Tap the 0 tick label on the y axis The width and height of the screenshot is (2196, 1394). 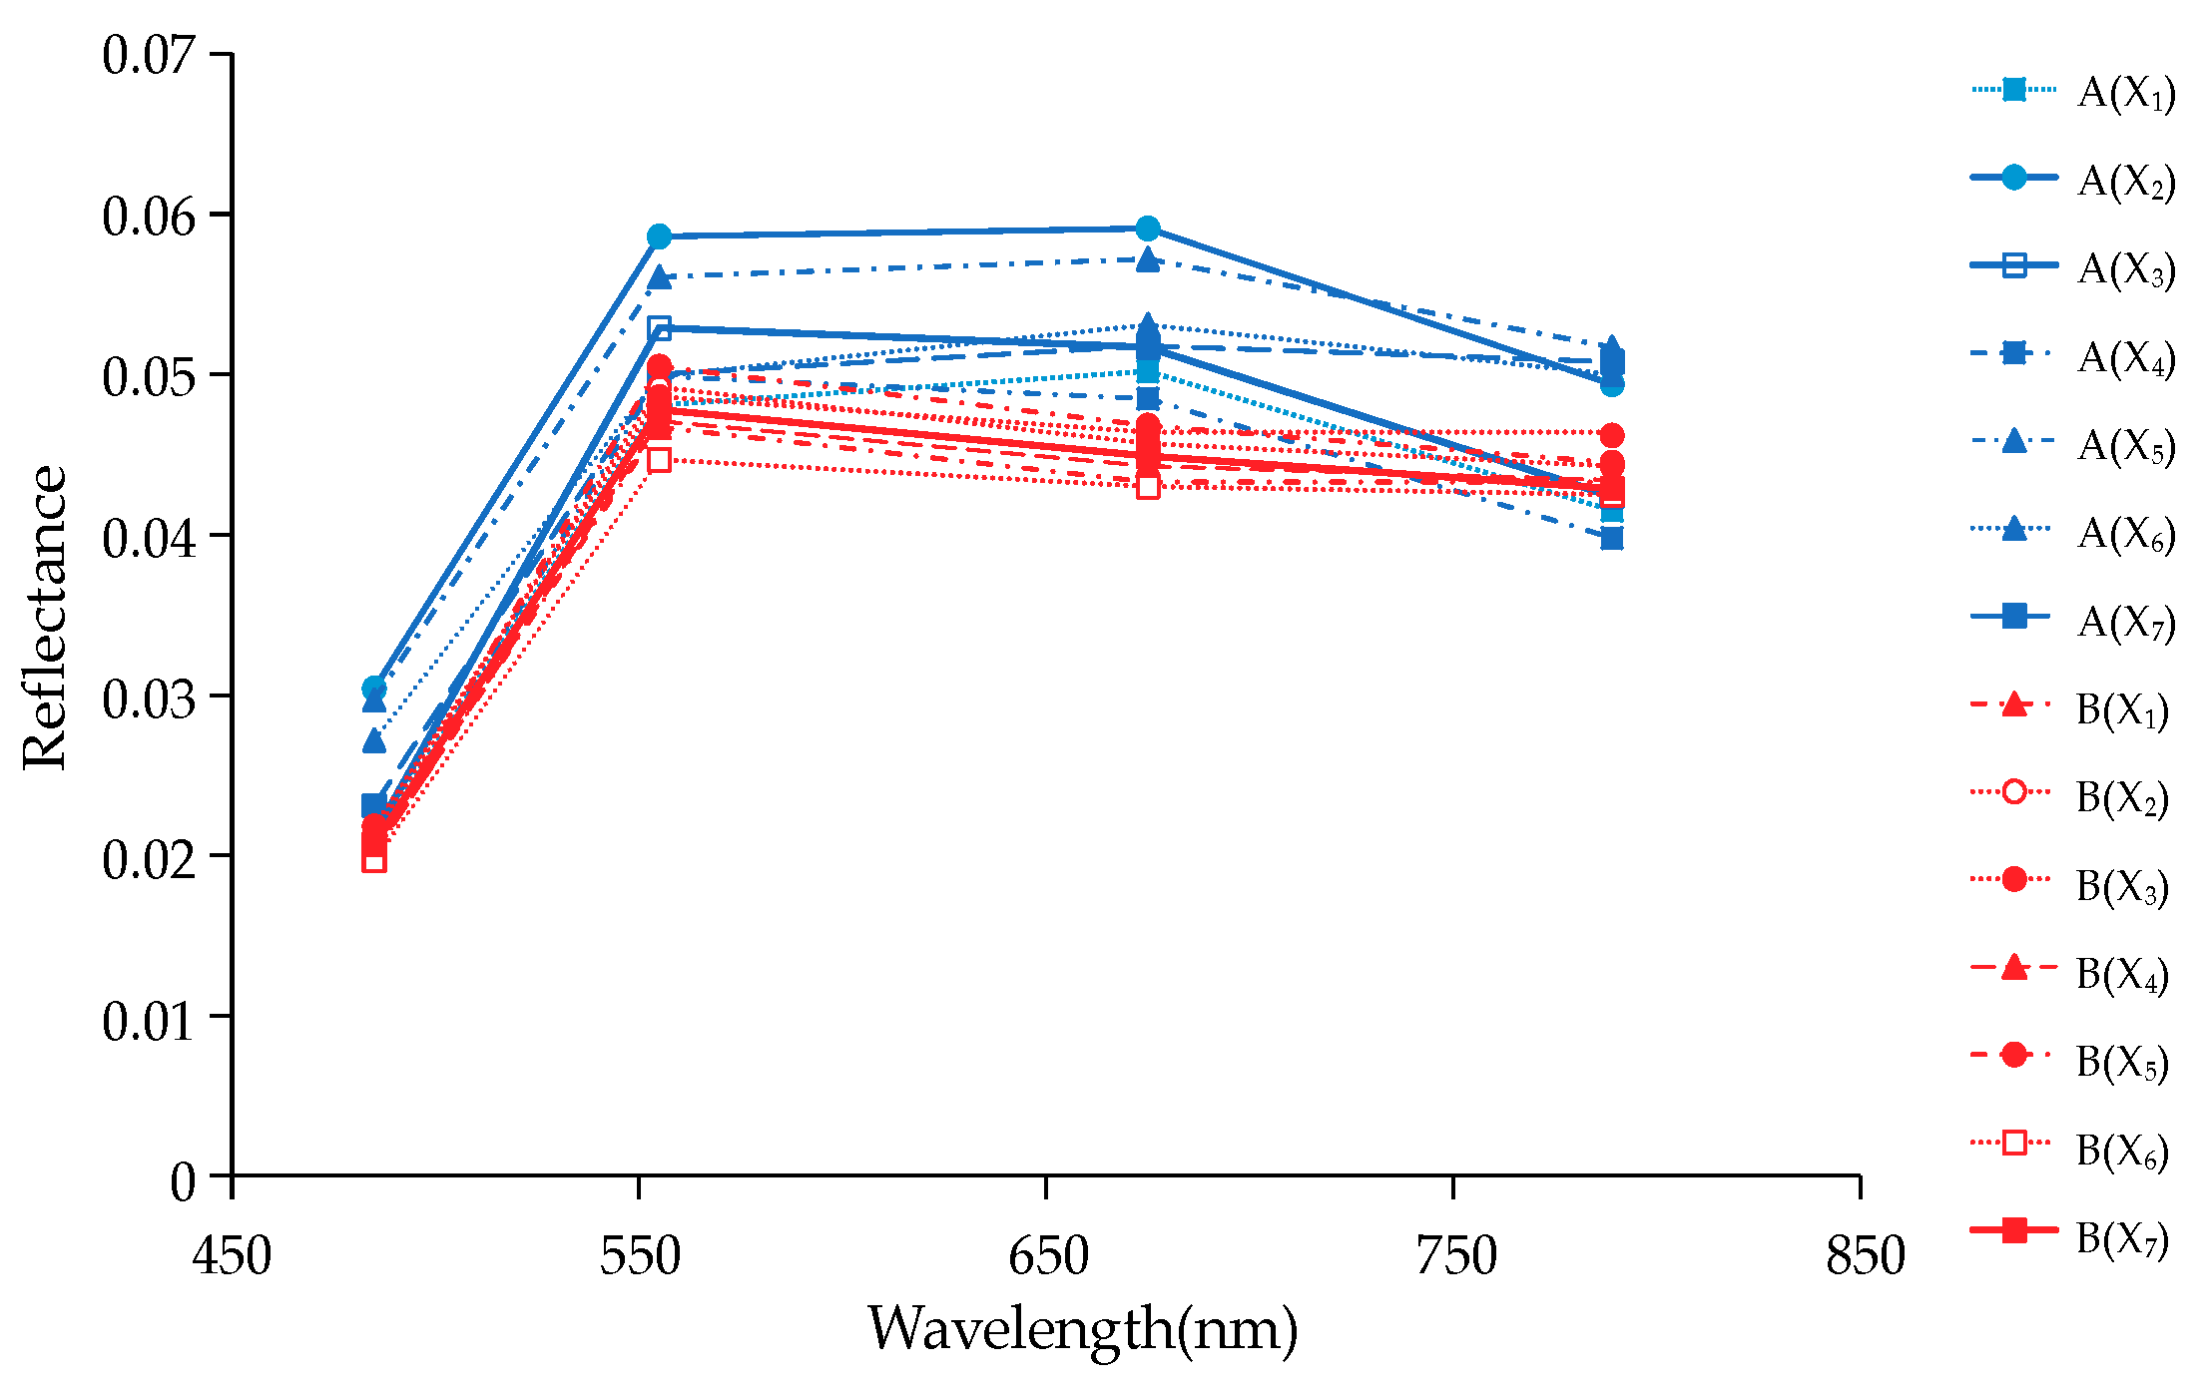click(x=183, y=1180)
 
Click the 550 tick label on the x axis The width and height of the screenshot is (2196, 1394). click(x=639, y=1254)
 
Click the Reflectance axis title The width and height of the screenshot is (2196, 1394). click(x=45, y=617)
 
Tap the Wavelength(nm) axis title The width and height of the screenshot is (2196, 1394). click(x=1082, y=1328)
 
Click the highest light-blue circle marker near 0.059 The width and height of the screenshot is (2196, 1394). click(x=1148, y=229)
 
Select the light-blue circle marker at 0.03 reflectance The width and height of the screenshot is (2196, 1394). click(x=374, y=688)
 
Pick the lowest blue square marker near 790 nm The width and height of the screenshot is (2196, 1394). click(x=1611, y=540)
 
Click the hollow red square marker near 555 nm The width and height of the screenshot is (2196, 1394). click(x=659, y=460)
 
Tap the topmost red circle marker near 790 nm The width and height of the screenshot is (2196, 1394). click(x=1611, y=435)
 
